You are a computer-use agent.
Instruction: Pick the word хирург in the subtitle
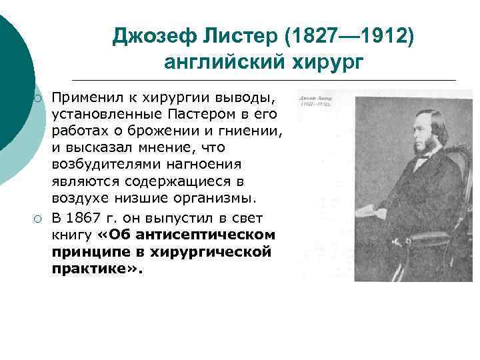330,61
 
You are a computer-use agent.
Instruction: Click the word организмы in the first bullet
217,198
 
